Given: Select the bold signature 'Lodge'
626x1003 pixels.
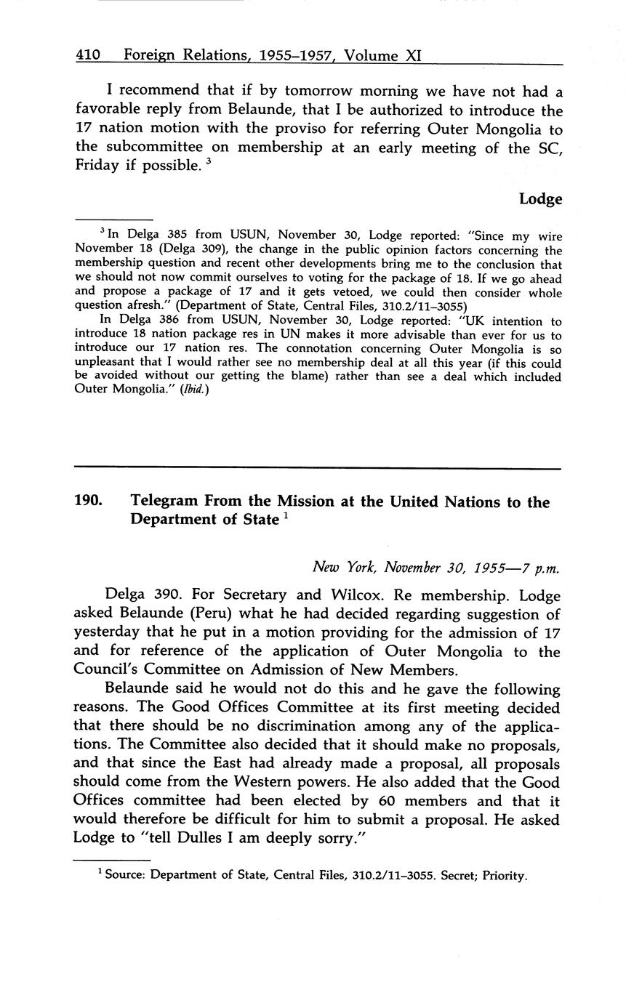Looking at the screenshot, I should [x=540, y=198].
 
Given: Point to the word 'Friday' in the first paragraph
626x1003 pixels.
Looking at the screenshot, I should [x=100, y=165].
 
